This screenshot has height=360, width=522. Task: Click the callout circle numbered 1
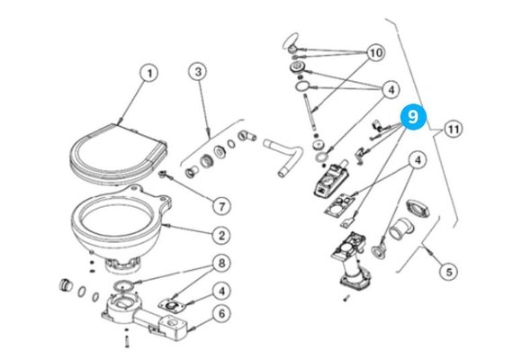point(148,72)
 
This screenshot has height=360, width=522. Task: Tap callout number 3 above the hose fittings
point(199,72)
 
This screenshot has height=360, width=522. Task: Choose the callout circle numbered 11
point(454,130)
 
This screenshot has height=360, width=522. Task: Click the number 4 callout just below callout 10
point(391,89)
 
